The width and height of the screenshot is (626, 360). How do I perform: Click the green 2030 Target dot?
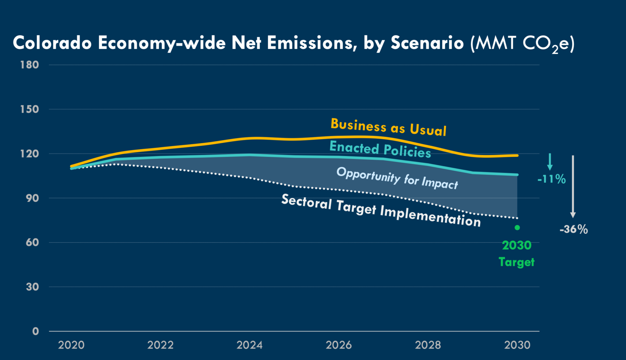[x=517, y=227]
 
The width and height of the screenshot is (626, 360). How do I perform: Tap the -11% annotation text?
[x=552, y=179]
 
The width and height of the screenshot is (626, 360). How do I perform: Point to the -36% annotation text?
[x=574, y=229]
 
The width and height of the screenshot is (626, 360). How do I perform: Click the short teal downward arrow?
[x=550, y=162]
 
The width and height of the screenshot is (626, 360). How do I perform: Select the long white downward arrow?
[x=573, y=186]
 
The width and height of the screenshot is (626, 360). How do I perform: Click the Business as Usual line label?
[x=388, y=127]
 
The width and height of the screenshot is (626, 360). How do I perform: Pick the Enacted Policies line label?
[x=380, y=149]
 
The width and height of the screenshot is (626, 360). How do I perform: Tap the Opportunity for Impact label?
[x=397, y=178]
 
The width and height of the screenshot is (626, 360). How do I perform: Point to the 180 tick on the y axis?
[x=29, y=65]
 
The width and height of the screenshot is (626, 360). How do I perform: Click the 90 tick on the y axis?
[x=32, y=198]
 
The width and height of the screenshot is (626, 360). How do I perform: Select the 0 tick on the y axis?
[x=35, y=331]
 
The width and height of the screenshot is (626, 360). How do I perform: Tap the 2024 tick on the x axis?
[x=249, y=345]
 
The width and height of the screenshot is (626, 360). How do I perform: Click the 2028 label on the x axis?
[x=428, y=345]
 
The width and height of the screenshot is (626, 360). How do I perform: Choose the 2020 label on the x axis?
[x=71, y=345]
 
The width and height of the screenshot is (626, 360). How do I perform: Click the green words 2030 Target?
[x=517, y=254]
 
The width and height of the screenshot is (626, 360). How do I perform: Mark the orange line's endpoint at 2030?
[x=517, y=155]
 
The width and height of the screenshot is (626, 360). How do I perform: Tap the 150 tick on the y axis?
[x=29, y=109]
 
